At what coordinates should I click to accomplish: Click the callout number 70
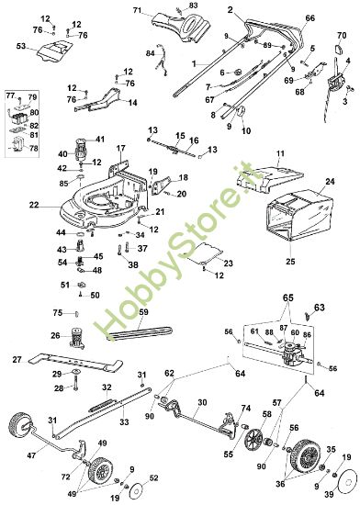tap(342, 36)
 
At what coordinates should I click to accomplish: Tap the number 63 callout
tap(320, 308)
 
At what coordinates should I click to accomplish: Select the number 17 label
tap(120, 148)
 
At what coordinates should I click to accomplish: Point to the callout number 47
tap(32, 455)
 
